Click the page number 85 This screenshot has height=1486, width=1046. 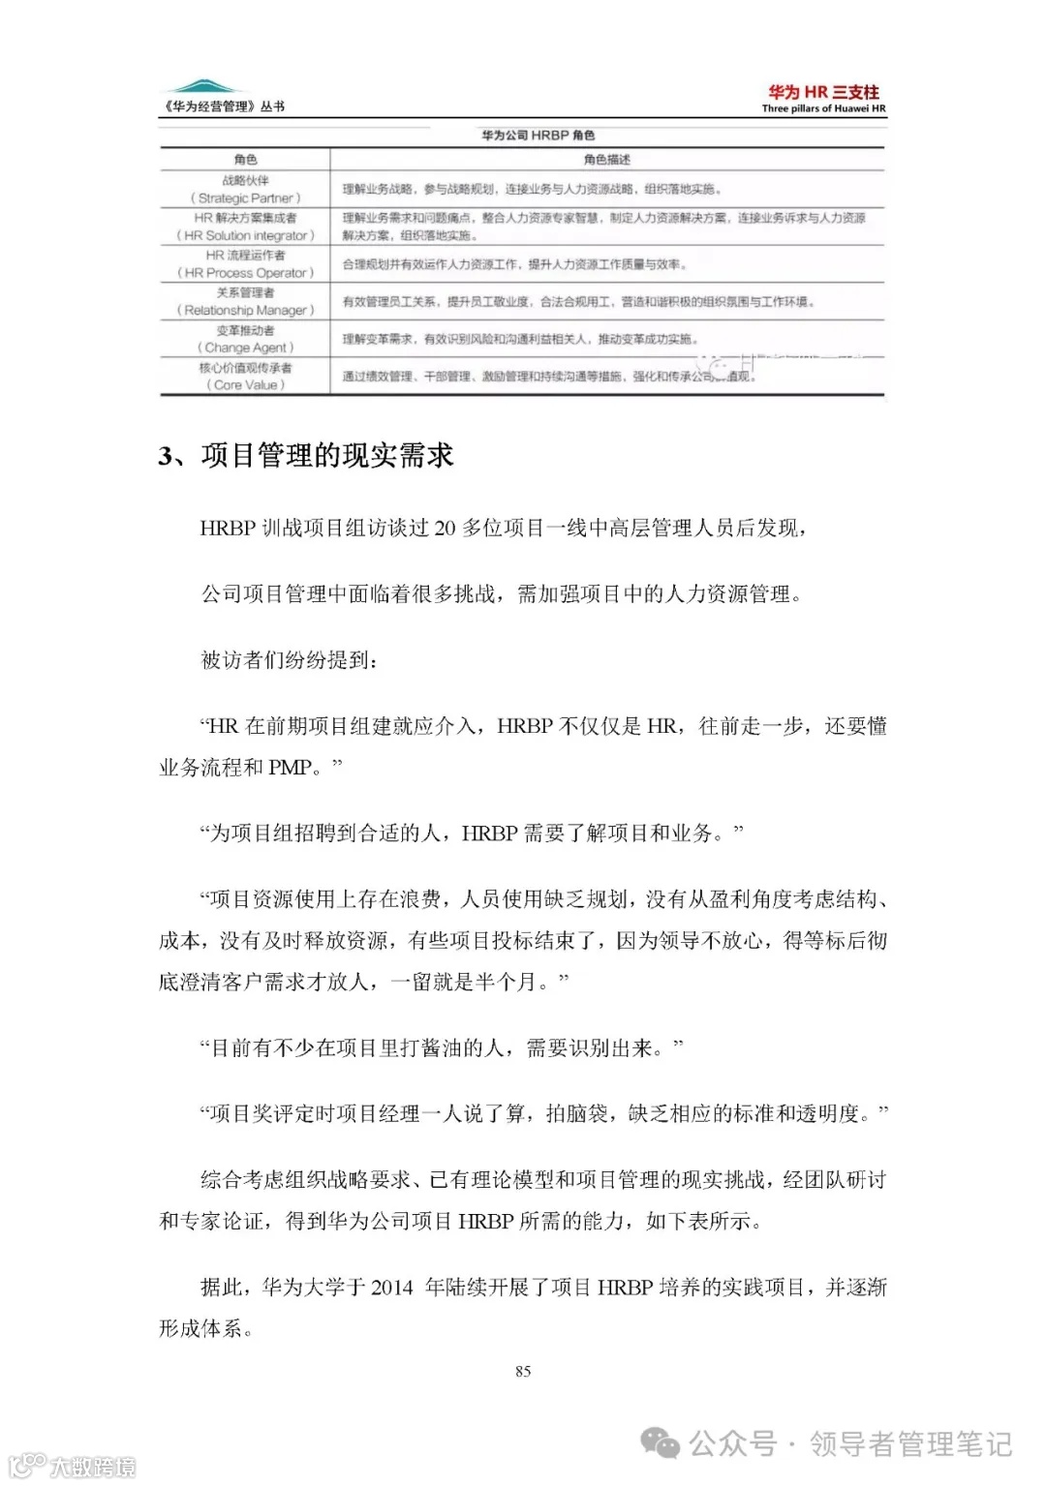coord(523,1371)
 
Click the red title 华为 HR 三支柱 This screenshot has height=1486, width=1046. coord(823,92)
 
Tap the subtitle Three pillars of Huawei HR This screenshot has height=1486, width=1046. coord(823,108)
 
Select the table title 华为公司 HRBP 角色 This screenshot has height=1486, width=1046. coord(538,136)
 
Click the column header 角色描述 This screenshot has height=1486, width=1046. coord(607,160)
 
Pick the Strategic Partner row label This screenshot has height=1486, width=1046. coord(245,197)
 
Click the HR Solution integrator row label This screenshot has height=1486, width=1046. coord(245,235)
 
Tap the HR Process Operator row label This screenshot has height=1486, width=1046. coord(245,273)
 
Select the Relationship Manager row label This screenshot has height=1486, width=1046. coord(245,310)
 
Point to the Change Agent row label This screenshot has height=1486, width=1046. coord(245,348)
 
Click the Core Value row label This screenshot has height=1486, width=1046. coord(245,384)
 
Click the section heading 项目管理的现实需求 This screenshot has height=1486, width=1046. coord(326,456)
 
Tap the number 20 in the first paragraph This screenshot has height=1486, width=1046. coord(445,529)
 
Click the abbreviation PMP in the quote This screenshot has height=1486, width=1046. coord(290,768)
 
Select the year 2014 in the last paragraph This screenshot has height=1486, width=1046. coord(391,1288)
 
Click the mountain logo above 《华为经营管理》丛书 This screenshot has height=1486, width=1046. coord(201,87)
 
